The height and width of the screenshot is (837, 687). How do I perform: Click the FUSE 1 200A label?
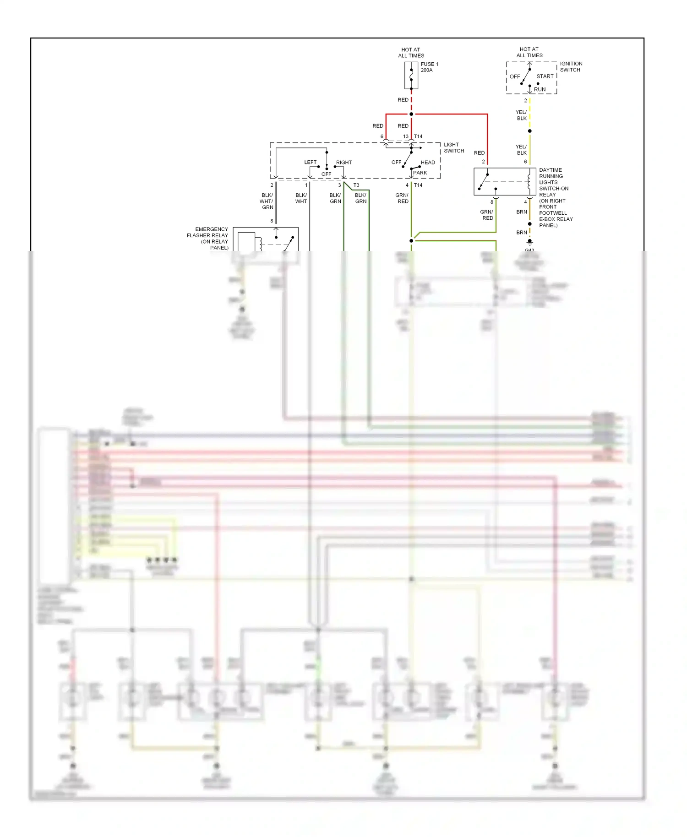coord(429,67)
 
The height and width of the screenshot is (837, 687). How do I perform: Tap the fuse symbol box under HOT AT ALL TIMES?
coord(411,76)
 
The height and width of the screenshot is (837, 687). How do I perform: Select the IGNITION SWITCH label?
coord(571,67)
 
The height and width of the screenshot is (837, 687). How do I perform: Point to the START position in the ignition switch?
coord(545,76)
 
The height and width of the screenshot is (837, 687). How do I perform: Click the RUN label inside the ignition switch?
coord(540,89)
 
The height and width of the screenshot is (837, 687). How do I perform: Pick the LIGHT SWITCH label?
coord(453,147)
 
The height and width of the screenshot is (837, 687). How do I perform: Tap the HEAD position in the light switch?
coord(428,163)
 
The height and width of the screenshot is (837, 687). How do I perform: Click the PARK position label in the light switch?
coord(420,173)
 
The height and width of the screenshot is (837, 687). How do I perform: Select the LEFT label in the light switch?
coord(310,163)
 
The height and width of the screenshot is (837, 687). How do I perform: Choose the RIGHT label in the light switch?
coord(343,163)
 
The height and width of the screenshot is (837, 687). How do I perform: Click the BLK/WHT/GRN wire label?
coord(267,201)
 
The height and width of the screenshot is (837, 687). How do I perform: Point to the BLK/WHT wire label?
coord(301,198)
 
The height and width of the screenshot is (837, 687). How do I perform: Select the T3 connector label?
coord(356,185)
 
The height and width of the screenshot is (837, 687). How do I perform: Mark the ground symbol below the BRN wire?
coord(530,241)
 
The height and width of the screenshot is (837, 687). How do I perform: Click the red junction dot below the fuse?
coord(411,114)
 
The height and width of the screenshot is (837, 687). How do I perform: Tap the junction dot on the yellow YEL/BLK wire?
coord(530,131)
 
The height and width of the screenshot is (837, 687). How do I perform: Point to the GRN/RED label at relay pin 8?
coord(487,215)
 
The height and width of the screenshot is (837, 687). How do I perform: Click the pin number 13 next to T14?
coord(405,136)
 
